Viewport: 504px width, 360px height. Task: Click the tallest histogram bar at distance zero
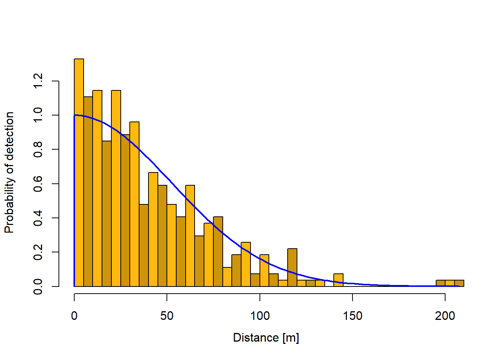pyautogui.click(x=79, y=172)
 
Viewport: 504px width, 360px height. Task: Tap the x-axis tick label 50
pyautogui.click(x=167, y=316)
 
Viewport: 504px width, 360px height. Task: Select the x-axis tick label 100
pyautogui.click(x=260, y=316)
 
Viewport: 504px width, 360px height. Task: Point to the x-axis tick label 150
pyautogui.click(x=352, y=316)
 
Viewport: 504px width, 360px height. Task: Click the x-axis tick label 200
pyautogui.click(x=445, y=316)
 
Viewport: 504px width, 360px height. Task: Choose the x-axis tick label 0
pyautogui.click(x=74, y=316)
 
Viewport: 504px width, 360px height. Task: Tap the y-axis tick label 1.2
pyautogui.click(x=38, y=81)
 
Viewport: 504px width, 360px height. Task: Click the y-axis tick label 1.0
pyautogui.click(x=38, y=115)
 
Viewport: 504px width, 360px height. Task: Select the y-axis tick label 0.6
pyautogui.click(x=38, y=184)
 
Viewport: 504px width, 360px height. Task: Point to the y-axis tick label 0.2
pyautogui.click(x=38, y=252)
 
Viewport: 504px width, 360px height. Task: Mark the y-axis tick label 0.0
pyautogui.click(x=38, y=286)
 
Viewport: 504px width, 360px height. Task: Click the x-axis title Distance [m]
pyautogui.click(x=266, y=338)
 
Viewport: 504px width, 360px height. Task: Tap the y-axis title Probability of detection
pyautogui.click(x=9, y=172)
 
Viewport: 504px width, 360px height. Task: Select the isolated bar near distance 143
pyautogui.click(x=338, y=280)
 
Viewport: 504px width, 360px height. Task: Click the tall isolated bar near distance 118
pyautogui.click(x=292, y=267)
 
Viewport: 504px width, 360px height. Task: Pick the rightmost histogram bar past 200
pyautogui.click(x=459, y=283)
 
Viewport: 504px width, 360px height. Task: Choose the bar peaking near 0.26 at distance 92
pyautogui.click(x=246, y=264)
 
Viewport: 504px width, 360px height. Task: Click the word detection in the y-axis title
pyautogui.click(x=9, y=135)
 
